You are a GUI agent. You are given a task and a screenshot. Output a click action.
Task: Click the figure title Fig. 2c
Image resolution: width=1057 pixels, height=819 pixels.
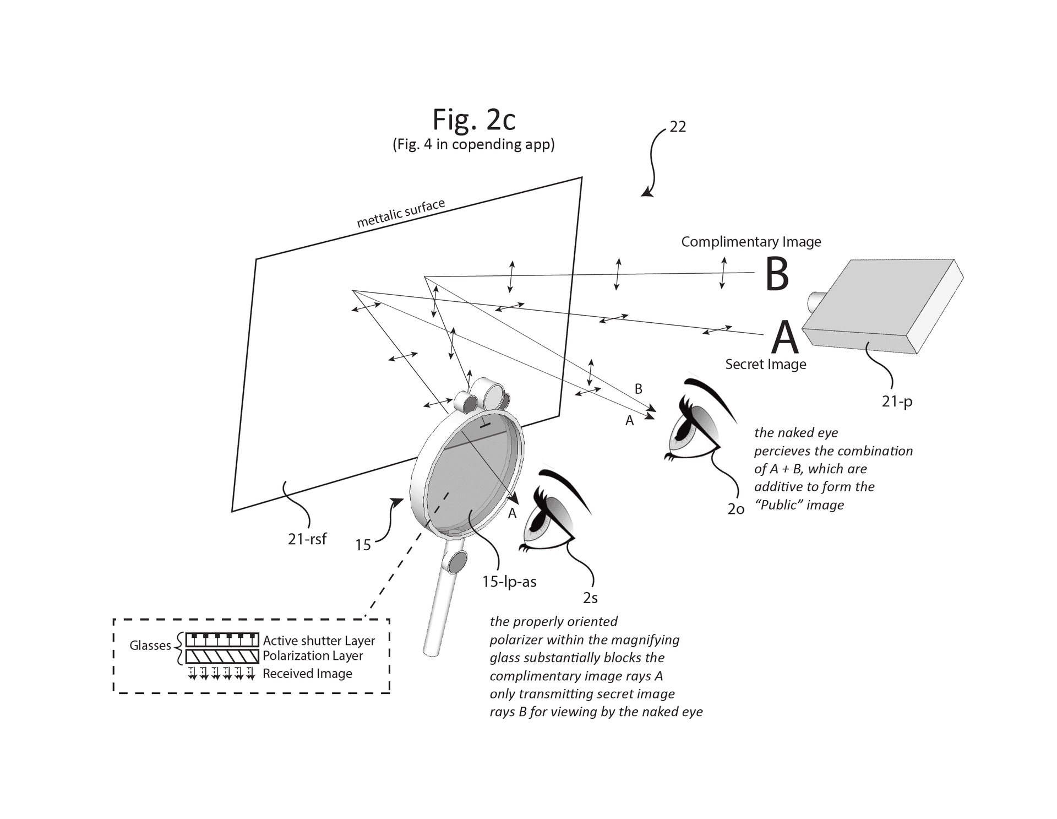[x=473, y=120]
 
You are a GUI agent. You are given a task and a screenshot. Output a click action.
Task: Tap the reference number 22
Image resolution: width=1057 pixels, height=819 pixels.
[x=678, y=127]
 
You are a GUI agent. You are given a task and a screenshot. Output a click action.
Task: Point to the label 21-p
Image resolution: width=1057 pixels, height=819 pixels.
[x=897, y=402]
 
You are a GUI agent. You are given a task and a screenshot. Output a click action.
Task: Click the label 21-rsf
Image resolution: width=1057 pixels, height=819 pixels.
[x=307, y=539]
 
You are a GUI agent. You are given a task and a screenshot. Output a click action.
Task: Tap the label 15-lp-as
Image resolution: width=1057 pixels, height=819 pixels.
[x=509, y=582]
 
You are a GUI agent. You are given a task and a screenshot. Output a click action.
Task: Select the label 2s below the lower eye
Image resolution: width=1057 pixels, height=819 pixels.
[x=590, y=598]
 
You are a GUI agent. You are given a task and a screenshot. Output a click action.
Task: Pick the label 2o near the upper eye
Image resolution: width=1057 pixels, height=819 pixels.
[x=735, y=509]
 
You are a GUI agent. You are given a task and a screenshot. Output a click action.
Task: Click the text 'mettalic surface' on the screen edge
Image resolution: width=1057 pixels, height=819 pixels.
[x=401, y=214]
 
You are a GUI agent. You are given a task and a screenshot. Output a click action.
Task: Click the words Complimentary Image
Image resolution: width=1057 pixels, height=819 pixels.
[x=751, y=242]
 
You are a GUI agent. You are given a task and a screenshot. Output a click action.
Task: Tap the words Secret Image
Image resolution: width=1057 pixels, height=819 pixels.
[x=765, y=364]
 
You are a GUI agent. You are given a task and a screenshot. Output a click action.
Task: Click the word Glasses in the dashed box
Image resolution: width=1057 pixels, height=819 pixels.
[x=150, y=646]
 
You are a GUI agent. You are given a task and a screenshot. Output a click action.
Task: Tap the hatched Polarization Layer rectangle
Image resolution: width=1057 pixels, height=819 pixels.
[x=222, y=656]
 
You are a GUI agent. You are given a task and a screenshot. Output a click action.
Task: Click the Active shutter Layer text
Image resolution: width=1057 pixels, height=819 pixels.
[x=319, y=641]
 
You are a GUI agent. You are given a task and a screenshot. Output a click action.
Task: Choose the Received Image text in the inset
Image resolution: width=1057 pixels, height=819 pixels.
[x=307, y=674]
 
